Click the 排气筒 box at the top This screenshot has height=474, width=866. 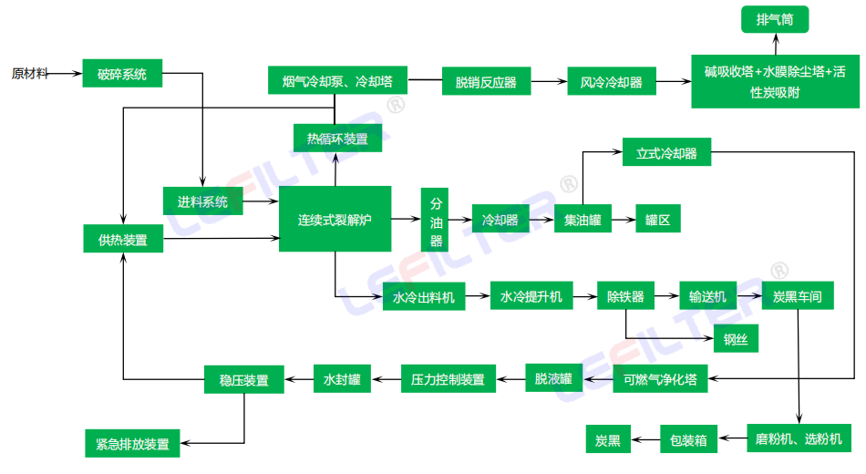775,19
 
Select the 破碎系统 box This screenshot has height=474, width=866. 122,74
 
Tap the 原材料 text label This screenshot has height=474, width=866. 30,74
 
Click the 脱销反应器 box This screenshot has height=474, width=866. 486,82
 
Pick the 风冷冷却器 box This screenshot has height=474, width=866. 612,82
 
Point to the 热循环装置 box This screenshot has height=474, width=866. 337,139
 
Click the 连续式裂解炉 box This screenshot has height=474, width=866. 335,220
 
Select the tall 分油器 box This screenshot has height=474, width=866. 437,220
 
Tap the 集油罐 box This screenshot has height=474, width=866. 582,220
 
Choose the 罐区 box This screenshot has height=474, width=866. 657,220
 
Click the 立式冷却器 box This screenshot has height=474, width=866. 666,153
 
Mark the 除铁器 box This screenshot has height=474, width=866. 626,296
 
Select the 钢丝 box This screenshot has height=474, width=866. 736,339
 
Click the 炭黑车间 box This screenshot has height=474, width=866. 798,296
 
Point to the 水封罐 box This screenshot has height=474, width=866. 343,379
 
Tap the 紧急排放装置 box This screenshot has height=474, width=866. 132,444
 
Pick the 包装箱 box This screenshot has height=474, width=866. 688,440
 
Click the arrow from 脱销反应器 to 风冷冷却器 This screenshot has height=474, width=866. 548,82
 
